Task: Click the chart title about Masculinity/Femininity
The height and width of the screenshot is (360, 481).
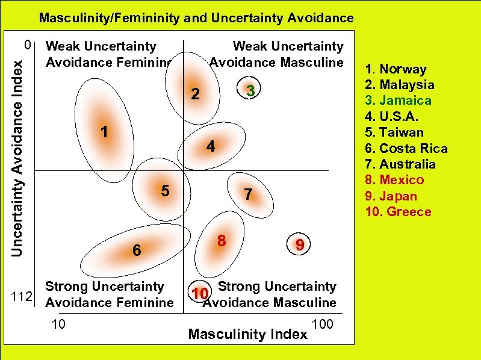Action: (196, 18)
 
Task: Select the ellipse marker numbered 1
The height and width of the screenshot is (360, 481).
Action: (104, 131)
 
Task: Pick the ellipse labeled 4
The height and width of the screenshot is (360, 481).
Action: (210, 146)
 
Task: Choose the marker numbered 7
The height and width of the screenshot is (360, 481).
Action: (246, 194)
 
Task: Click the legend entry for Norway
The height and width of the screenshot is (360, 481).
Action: (396, 69)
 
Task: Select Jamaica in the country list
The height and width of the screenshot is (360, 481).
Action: (398, 101)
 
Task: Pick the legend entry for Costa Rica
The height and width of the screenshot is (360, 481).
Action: (406, 148)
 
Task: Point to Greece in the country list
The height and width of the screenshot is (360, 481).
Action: (398, 211)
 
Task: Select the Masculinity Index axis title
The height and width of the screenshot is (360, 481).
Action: (247, 334)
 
